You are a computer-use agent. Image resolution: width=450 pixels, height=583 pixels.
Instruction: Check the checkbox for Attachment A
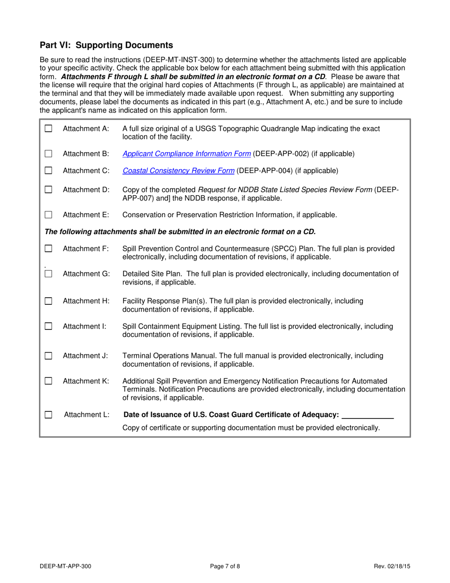pos(48,128)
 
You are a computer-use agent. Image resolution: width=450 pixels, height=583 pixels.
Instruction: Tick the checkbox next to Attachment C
pos(48,170)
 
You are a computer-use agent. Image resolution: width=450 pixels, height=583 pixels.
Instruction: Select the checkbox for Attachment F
pos(48,248)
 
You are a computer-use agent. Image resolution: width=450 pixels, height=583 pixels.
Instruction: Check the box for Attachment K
pos(48,381)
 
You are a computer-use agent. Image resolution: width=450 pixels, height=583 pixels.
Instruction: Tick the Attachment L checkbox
pos(48,415)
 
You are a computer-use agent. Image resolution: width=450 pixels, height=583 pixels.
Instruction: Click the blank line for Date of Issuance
pos(368,415)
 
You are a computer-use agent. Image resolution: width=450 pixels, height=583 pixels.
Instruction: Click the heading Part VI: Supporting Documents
pos(106,46)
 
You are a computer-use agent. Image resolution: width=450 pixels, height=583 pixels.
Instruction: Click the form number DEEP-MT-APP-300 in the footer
pos(66,565)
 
